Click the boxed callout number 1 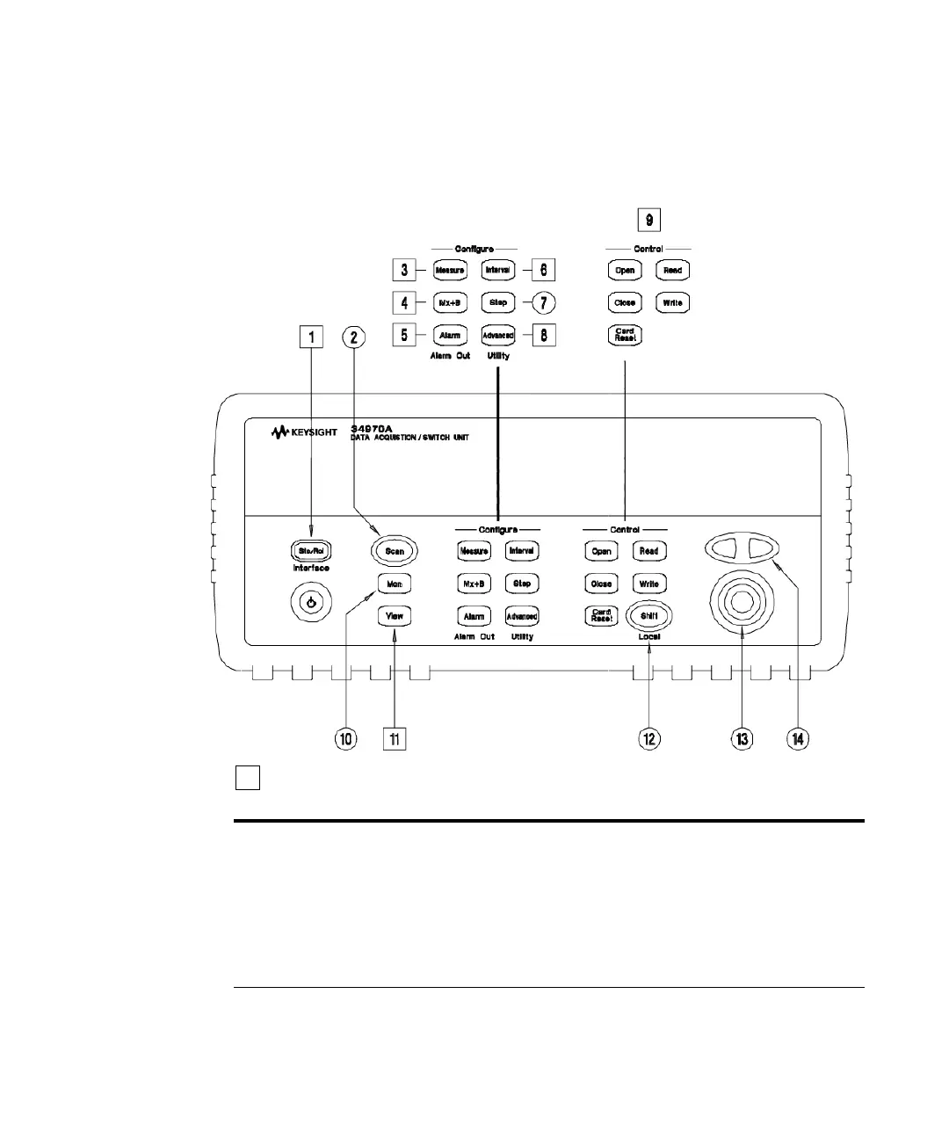tap(311, 337)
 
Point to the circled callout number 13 tap(743, 739)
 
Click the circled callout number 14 tap(798, 739)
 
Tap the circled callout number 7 tap(544, 302)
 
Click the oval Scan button tap(395, 551)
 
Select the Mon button tap(395, 584)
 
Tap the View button tap(395, 616)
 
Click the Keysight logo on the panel tap(304, 432)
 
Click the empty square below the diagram tap(247, 778)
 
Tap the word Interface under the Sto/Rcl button tap(311, 569)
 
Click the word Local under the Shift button tap(649, 636)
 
